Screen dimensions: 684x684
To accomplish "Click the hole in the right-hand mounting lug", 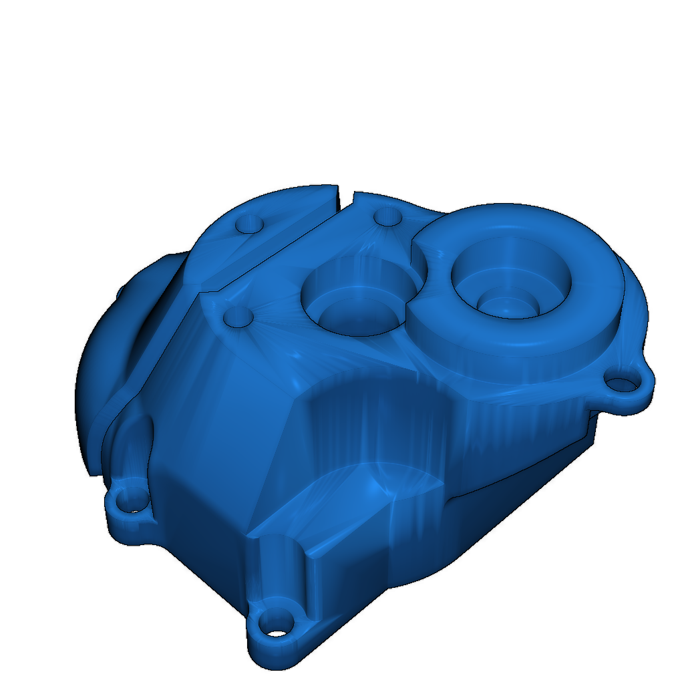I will coord(622,384).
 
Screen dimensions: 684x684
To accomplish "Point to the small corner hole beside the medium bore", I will coord(238,317).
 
